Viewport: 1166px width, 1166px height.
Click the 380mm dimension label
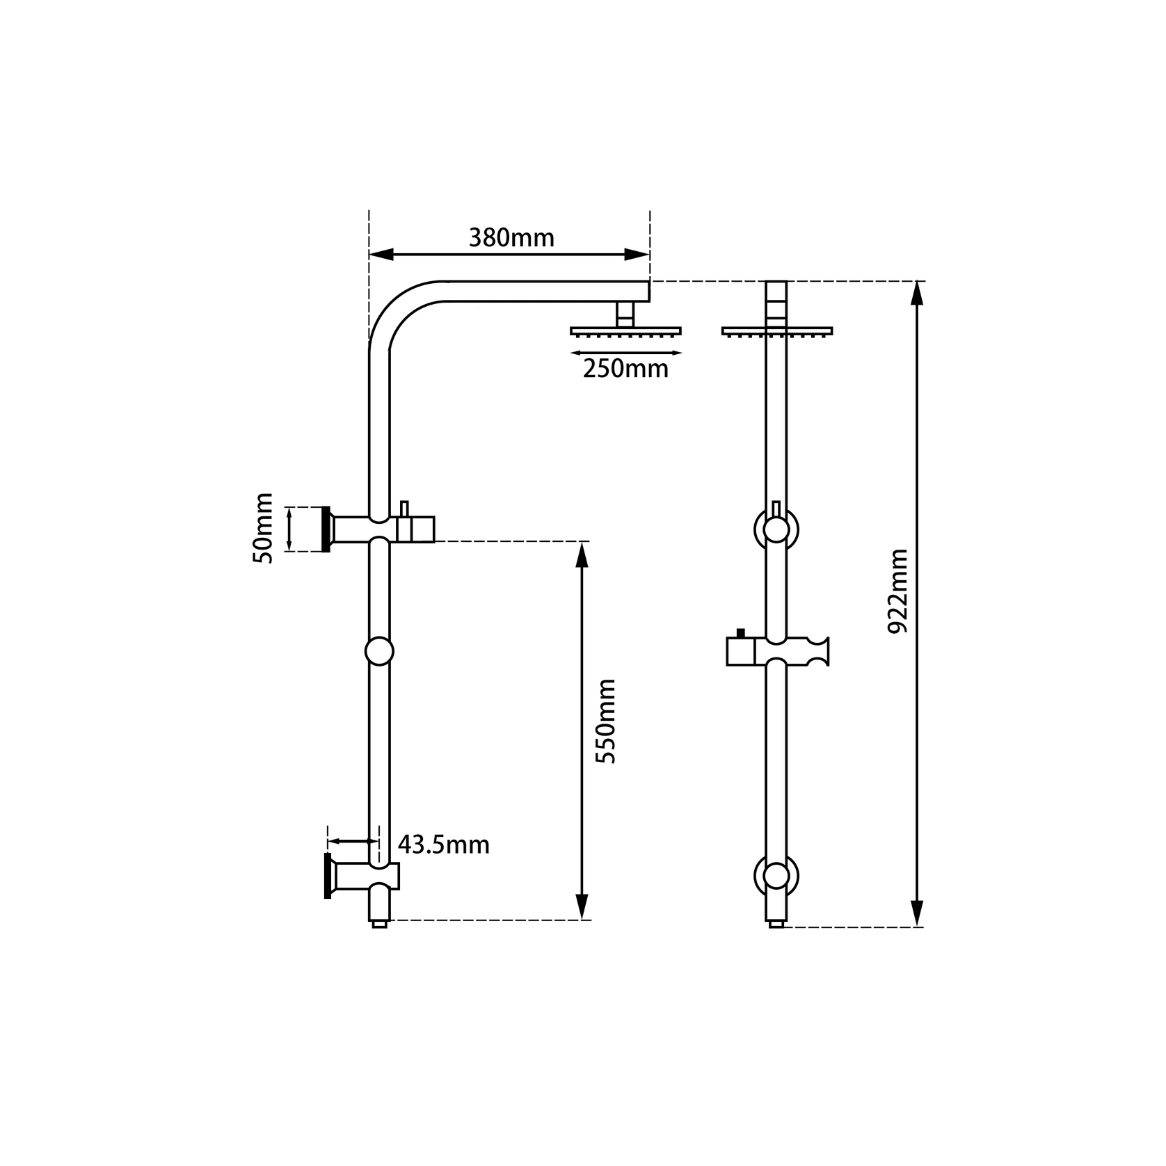(x=511, y=238)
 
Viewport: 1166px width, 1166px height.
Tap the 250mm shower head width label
(x=625, y=369)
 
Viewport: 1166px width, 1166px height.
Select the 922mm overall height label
(x=899, y=591)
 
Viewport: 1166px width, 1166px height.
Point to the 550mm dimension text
(x=607, y=721)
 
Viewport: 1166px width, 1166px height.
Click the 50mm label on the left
(x=263, y=528)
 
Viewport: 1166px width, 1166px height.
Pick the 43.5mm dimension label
(x=444, y=845)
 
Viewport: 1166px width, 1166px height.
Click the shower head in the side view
(x=625, y=330)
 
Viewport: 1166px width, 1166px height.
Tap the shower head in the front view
(x=777, y=330)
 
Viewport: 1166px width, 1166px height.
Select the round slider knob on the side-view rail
(x=379, y=651)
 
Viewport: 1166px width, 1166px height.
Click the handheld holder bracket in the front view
(x=777, y=650)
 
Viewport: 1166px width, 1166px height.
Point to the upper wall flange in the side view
(x=326, y=529)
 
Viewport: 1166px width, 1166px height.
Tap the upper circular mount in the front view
(x=776, y=529)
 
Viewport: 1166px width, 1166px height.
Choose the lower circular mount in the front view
(x=776, y=876)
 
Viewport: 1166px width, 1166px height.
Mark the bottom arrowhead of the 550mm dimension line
(x=582, y=907)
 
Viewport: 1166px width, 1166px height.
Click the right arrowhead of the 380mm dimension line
(x=637, y=255)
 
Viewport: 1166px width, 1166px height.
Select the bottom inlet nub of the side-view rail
(x=379, y=924)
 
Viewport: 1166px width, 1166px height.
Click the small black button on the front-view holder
(x=740, y=632)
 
